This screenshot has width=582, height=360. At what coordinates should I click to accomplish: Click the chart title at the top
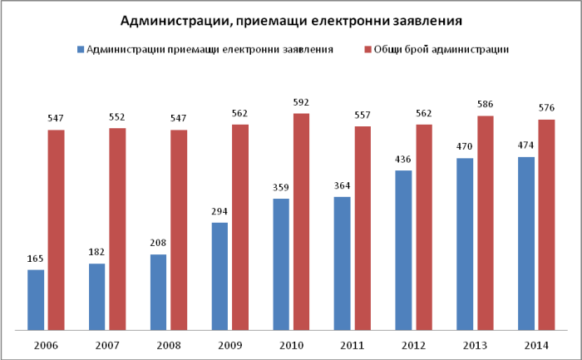pyautogui.click(x=291, y=20)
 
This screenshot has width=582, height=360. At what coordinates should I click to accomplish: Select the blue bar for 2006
pyautogui.click(x=36, y=299)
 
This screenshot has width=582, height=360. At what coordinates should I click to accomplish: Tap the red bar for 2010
pyautogui.click(x=302, y=220)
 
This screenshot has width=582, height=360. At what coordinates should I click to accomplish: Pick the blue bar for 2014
pyautogui.click(x=526, y=243)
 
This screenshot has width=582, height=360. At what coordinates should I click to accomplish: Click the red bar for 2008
pyautogui.click(x=179, y=229)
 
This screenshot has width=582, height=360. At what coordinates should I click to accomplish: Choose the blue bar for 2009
pyautogui.click(x=220, y=275)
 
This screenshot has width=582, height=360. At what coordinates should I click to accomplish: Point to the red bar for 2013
pyautogui.click(x=486, y=222)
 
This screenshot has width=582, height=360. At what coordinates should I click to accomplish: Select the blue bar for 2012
pyautogui.click(x=403, y=249)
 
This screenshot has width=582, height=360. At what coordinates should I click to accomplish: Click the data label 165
pyautogui.click(x=36, y=259)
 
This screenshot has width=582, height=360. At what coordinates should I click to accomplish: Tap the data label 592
pyautogui.click(x=302, y=103)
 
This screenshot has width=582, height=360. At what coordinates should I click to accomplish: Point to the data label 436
pyautogui.click(x=403, y=160)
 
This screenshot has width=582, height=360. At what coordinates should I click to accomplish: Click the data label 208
pyautogui.click(x=159, y=244)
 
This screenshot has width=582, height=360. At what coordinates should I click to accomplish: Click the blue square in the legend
pyautogui.click(x=81, y=49)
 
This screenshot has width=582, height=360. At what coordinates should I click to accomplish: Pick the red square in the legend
pyautogui.click(x=367, y=49)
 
